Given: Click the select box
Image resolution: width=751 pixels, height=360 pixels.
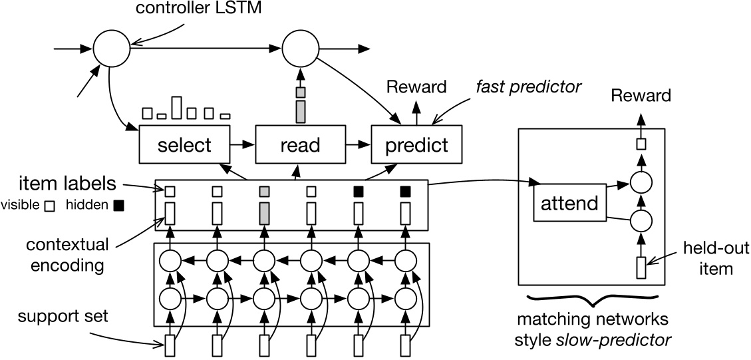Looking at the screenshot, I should tap(184, 144).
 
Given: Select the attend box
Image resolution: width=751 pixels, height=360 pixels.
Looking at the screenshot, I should tap(570, 202).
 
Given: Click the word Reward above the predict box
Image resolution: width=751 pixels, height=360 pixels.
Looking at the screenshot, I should tap(417, 87).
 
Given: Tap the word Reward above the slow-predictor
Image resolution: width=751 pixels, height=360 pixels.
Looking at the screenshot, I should tap(641, 97).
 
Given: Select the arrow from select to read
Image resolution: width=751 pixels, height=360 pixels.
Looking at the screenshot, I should tap(243, 144).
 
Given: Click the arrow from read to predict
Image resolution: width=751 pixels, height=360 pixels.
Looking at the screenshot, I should tap(357, 144).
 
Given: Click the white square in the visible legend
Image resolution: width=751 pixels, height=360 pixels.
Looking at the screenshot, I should tap(49, 206).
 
